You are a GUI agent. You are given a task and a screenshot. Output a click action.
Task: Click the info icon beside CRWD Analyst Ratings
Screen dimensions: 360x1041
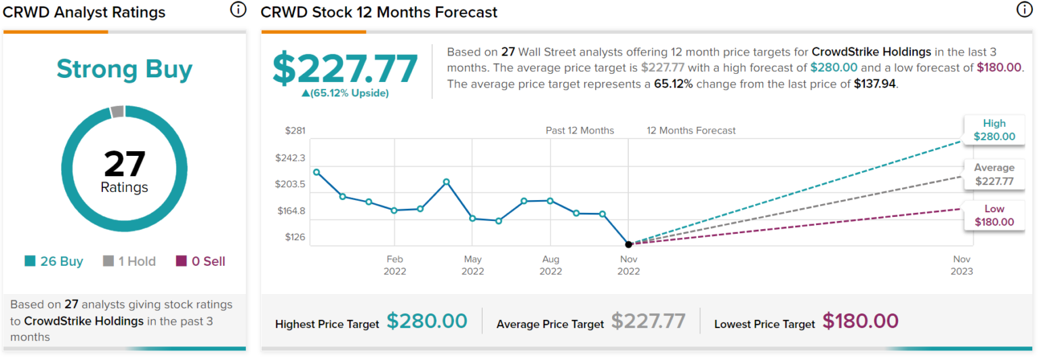238,9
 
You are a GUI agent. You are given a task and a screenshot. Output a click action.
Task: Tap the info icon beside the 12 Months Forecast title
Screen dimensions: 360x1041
1023,9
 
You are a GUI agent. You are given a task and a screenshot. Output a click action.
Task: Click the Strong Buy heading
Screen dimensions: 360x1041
124,69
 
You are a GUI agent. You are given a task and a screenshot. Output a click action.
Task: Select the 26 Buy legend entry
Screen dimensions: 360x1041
54,261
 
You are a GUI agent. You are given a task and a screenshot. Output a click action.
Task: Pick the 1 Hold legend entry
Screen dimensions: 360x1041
129,261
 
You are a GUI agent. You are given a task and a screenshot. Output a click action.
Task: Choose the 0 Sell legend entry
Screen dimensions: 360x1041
201,261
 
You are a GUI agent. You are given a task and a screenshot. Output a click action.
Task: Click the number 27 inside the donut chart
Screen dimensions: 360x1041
124,163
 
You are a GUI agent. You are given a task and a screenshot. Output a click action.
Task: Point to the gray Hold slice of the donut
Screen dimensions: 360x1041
117,112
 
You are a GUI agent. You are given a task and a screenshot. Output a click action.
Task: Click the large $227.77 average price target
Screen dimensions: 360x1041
345,68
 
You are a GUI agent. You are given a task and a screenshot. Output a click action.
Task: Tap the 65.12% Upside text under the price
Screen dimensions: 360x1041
345,93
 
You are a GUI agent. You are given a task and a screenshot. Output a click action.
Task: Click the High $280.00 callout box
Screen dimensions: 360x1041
994,130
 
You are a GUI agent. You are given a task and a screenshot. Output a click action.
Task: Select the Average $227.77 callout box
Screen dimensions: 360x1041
994,174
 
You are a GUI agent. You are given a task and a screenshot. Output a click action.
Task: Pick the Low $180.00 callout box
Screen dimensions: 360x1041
994,216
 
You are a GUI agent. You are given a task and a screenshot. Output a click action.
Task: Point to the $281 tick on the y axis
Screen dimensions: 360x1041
295,131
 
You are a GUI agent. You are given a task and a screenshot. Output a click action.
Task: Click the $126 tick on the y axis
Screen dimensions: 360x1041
295,237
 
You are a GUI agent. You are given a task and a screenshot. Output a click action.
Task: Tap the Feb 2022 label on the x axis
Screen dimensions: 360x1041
394,265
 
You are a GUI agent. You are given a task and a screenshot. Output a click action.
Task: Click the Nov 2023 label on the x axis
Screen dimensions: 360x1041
962,265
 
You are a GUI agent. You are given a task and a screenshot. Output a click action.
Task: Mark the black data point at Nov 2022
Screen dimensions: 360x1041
628,244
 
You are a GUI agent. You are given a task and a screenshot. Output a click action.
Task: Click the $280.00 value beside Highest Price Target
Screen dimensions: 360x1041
427,321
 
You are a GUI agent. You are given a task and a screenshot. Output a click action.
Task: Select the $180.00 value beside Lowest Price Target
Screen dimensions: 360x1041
861,321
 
